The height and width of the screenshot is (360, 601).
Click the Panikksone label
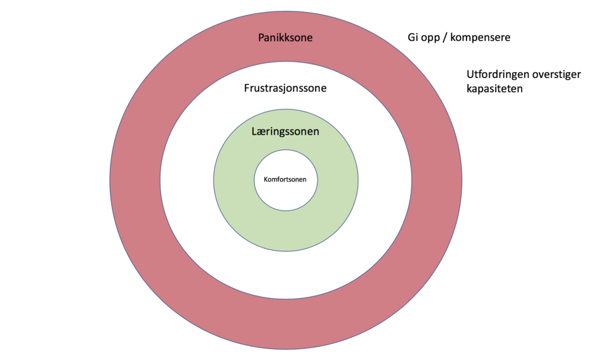point(285,38)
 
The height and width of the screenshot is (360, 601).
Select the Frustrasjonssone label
point(285,88)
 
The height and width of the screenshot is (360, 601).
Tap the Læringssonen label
point(285,131)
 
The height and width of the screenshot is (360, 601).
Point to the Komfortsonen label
point(285,178)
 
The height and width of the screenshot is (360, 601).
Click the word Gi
point(413,37)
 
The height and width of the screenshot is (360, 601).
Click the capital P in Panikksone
point(261,38)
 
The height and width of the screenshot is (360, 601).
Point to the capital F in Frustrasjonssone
point(246,88)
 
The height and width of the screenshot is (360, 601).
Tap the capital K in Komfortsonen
point(266,178)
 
